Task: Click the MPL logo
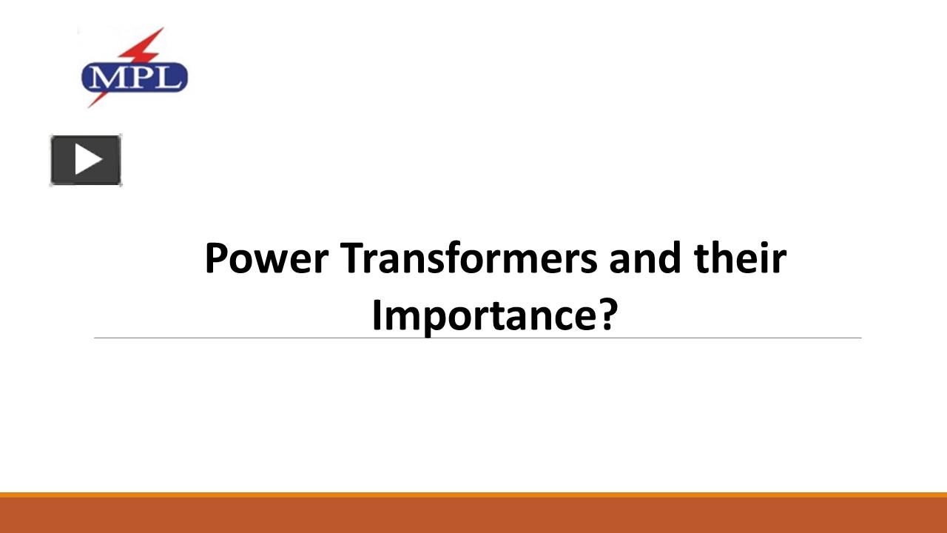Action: tap(134, 75)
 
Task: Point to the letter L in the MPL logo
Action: tap(167, 77)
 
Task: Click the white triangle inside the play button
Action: tap(87, 159)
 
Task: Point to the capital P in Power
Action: tap(215, 259)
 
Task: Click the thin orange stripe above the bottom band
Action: tap(473, 494)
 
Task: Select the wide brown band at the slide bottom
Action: tap(473, 515)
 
